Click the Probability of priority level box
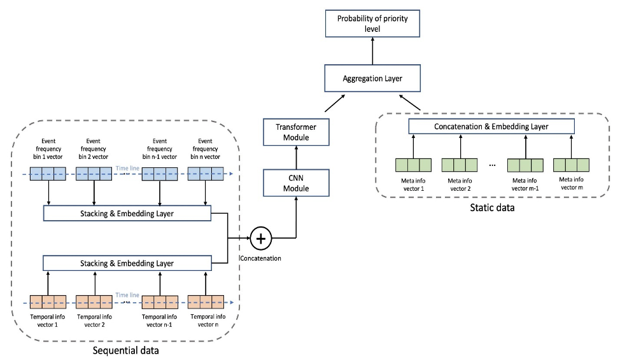pyautogui.click(x=373, y=24)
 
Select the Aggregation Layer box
pyautogui.click(x=373, y=80)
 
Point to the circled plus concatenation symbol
pyautogui.click(x=260, y=239)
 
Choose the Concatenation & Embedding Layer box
pyautogui.click(x=491, y=127)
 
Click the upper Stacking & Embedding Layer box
pyautogui.click(x=127, y=213)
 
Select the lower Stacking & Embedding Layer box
pyautogui.click(x=127, y=262)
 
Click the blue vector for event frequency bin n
pyautogui.click(x=205, y=174)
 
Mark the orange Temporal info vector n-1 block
pyautogui.click(x=159, y=301)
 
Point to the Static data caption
pyautogui.click(x=491, y=207)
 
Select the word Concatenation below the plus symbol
pyautogui.click(x=260, y=258)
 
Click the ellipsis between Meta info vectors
pyautogui.click(x=491, y=165)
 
